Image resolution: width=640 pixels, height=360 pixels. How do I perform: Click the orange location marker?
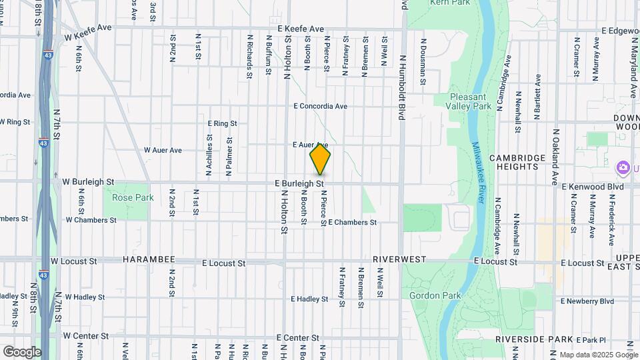coord(320,159)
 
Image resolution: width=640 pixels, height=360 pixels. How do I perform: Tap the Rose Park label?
coord(133,197)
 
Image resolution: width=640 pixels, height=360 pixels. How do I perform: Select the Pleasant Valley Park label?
coord(470,101)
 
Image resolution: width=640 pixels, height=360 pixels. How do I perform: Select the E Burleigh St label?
coord(299,183)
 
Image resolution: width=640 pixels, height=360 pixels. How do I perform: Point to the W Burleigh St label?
coord(88,181)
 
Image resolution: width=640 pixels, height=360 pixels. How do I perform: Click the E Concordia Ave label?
coord(320,106)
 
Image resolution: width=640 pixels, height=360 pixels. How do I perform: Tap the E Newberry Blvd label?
coord(587,301)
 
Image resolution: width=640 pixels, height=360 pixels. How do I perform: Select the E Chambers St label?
coord(352,222)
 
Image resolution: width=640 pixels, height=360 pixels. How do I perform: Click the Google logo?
coord(22,351)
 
